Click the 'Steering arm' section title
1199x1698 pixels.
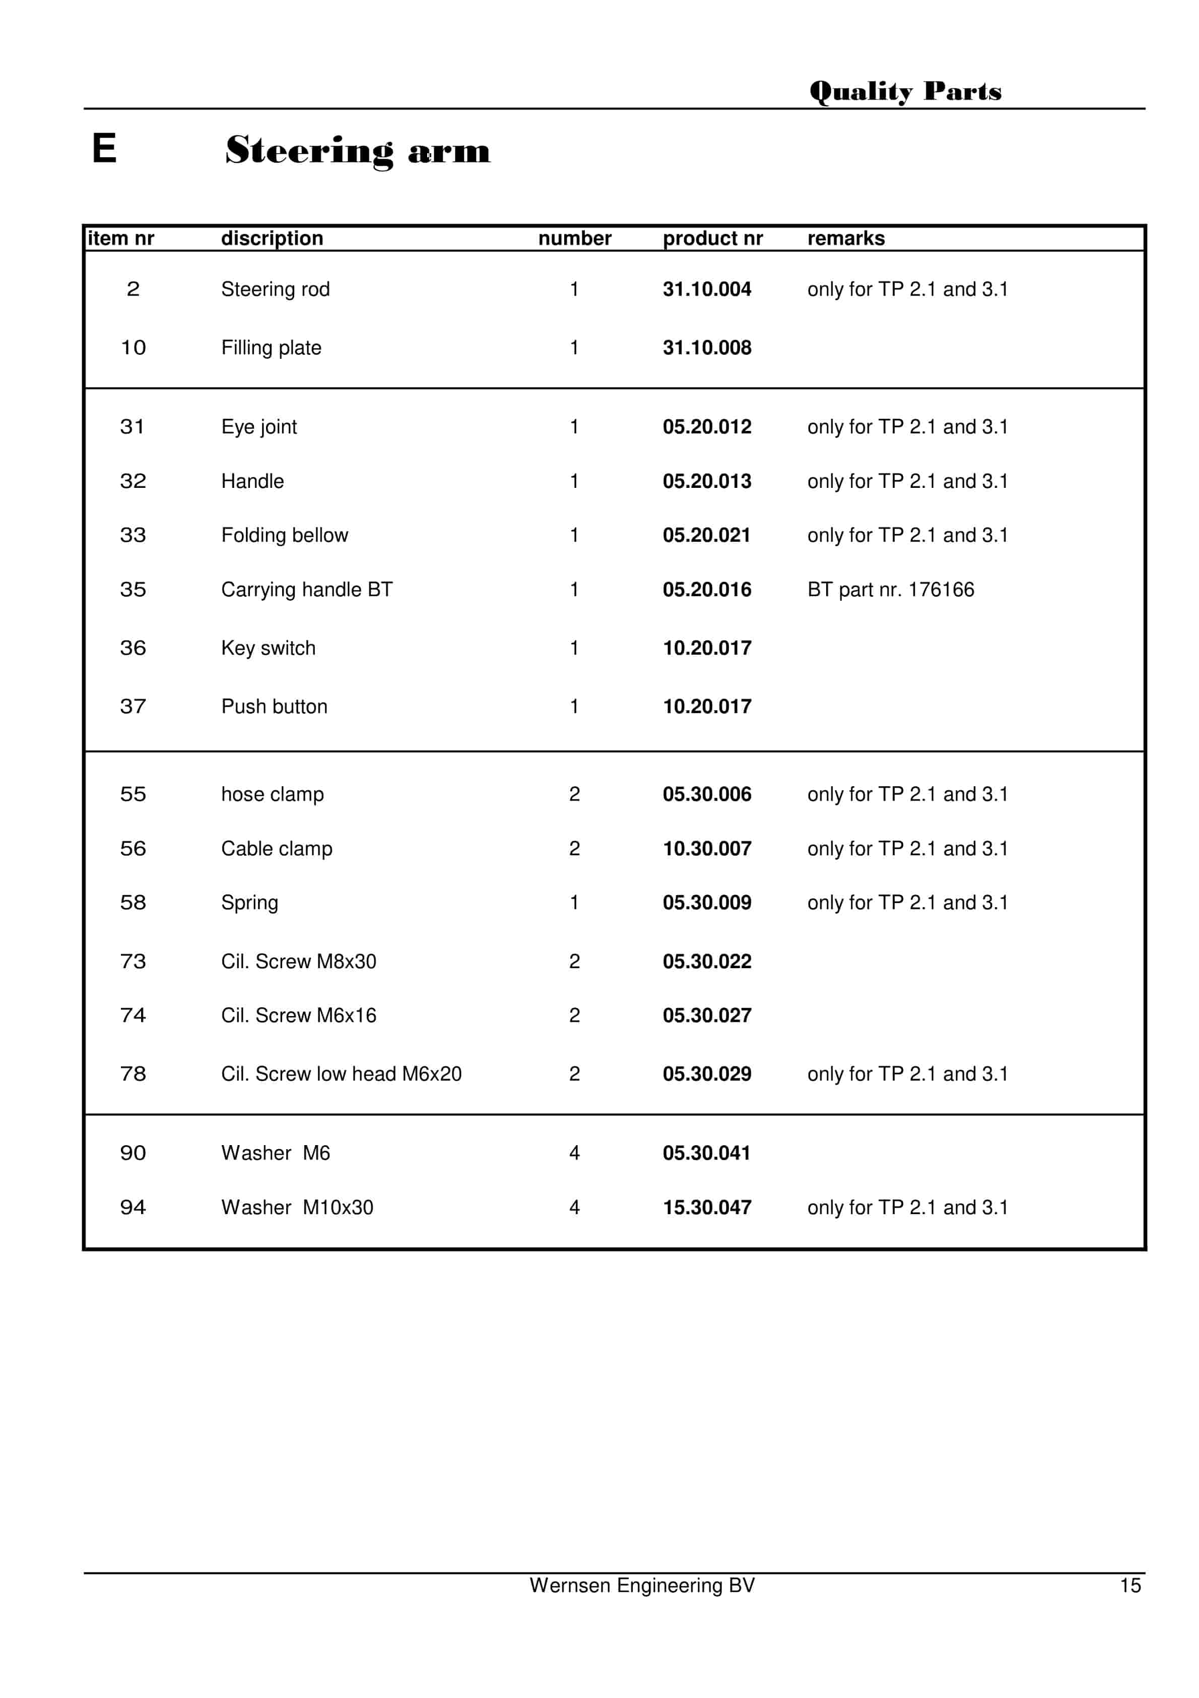click(x=358, y=150)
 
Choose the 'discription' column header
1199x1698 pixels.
click(x=272, y=238)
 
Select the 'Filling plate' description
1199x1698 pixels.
click(x=272, y=348)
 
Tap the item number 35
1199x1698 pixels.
click(x=133, y=589)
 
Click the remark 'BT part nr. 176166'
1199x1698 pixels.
click(x=890, y=589)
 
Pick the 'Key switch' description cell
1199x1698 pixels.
click(x=269, y=648)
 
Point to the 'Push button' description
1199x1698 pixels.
click(x=274, y=706)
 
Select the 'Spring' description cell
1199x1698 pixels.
click(x=250, y=902)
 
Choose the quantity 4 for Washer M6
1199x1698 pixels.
click(x=574, y=1153)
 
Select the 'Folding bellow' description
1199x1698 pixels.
click(x=285, y=535)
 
